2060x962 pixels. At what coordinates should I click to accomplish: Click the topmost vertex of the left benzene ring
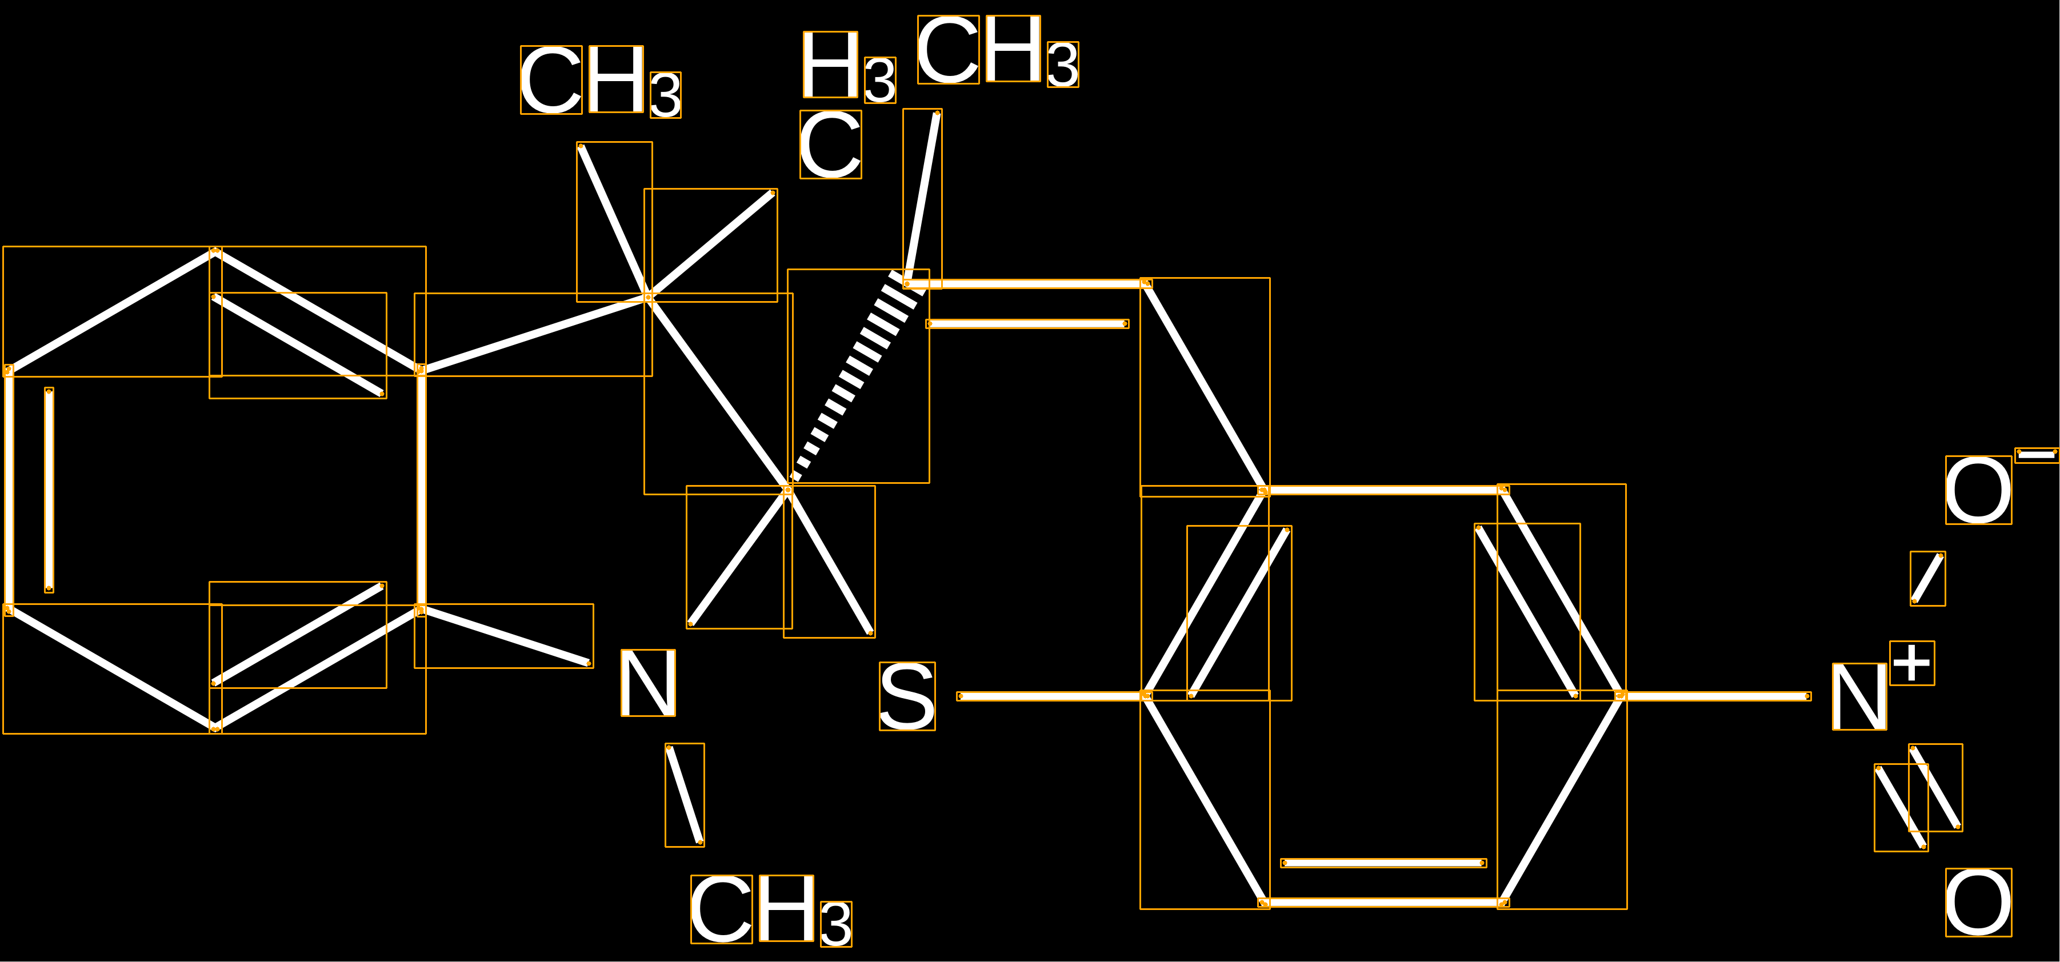coord(215,252)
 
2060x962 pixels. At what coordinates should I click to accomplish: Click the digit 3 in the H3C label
coord(879,81)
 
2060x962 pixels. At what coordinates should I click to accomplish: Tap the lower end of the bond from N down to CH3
coord(701,842)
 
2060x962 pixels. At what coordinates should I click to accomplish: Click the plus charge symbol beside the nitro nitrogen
coord(1912,663)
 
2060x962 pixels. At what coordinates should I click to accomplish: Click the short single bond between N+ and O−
coord(1927,578)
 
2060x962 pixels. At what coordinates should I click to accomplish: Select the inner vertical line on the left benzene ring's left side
coord(49,490)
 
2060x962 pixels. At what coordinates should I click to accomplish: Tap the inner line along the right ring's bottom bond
coord(1383,863)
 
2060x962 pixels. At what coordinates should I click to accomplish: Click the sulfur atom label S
coord(907,696)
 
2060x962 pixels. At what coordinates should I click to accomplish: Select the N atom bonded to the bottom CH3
coord(649,682)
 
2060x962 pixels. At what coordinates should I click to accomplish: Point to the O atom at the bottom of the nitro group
coord(1978,902)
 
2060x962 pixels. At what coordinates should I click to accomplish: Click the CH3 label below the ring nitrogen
coord(771,910)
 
